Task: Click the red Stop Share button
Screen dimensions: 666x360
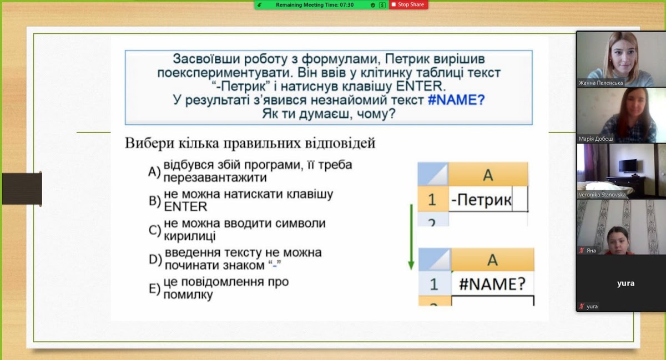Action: coord(408,5)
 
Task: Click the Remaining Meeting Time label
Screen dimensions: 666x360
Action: coord(315,5)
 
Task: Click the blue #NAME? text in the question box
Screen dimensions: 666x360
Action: coord(456,100)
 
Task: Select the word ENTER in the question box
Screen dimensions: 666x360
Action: coord(421,86)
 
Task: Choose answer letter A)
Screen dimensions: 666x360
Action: coord(154,171)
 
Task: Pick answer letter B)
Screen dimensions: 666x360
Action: coord(155,201)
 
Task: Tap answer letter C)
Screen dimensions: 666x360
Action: coord(155,230)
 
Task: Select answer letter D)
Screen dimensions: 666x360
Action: coord(155,259)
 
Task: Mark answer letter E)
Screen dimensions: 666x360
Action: coord(154,288)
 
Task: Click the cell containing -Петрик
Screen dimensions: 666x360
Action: coord(488,199)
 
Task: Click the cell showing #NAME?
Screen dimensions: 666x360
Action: coord(492,283)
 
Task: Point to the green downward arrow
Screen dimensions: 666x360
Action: coord(411,237)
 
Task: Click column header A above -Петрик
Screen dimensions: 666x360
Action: coord(488,175)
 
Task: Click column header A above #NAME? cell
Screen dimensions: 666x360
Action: coord(492,260)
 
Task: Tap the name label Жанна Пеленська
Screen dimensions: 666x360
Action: coord(601,83)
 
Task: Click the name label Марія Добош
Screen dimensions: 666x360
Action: coord(596,139)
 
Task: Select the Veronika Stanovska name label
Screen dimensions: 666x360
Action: coord(602,195)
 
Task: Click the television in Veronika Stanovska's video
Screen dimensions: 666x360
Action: coord(628,165)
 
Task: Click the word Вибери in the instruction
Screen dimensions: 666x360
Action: coord(149,143)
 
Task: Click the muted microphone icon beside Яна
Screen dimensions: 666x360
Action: coord(582,250)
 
